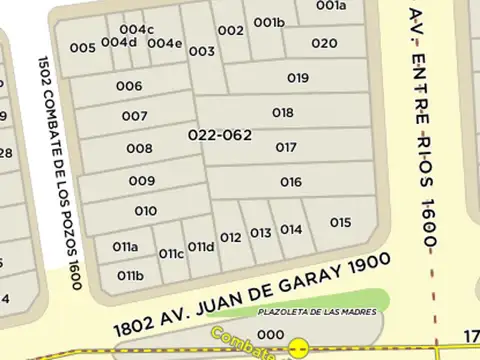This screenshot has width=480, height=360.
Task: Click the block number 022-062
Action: point(219,134)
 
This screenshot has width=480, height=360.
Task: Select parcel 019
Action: point(297,78)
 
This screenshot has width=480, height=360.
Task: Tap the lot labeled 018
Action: point(283,113)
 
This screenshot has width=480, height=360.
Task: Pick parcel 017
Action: point(286,147)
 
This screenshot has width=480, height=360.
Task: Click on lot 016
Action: point(291,182)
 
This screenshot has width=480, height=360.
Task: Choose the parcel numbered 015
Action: point(340,222)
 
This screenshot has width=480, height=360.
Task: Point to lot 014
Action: point(291,229)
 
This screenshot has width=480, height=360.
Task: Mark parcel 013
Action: point(261,233)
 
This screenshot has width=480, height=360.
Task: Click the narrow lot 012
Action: point(231,237)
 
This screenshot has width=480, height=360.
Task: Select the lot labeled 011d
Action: point(201,247)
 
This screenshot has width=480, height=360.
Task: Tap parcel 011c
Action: point(171,253)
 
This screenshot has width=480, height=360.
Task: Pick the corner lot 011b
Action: point(130,275)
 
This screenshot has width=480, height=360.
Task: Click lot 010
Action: point(145,211)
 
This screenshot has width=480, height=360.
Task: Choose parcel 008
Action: point(139,149)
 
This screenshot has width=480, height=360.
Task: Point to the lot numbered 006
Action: point(129,86)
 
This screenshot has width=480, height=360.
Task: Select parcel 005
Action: point(83,47)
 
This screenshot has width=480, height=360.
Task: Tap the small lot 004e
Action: point(165,43)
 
